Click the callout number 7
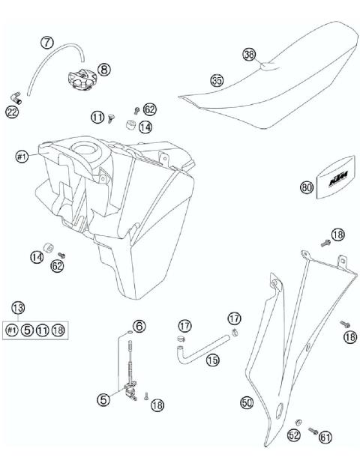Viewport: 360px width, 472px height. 47,43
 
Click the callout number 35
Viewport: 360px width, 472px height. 217,80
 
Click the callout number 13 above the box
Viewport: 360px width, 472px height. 18,306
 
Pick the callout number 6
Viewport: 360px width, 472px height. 139,326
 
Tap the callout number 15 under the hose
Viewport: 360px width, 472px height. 213,360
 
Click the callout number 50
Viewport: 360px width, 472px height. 246,403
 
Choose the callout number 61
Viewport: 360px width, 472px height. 324,435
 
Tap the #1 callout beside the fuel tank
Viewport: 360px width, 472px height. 22,157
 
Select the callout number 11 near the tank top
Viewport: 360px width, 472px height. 97,116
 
